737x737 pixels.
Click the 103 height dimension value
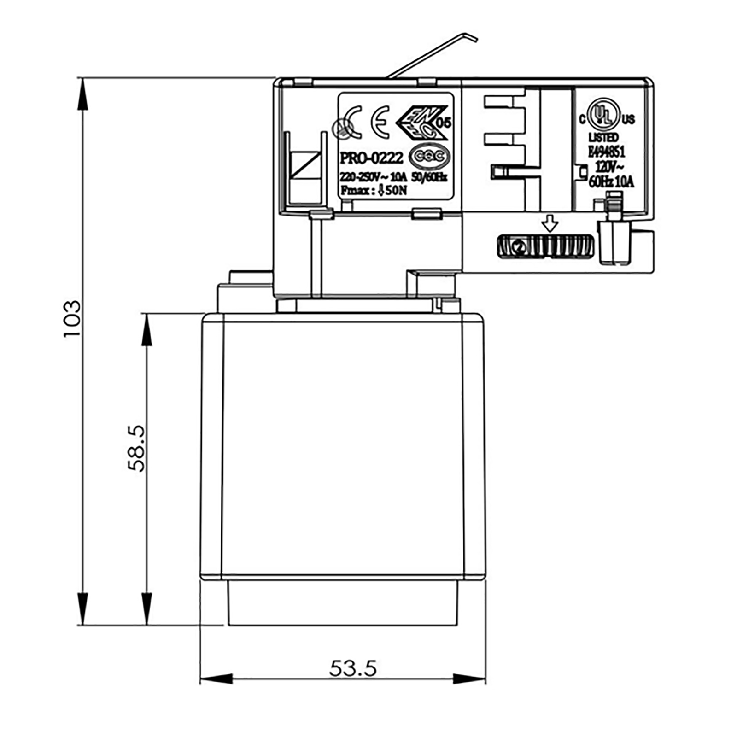[72, 319]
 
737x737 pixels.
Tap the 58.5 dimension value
[136, 448]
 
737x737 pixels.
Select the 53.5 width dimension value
[353, 668]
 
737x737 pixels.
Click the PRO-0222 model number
[371, 158]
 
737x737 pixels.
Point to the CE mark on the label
[380, 122]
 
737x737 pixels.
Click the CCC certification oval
[429, 157]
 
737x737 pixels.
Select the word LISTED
[603, 138]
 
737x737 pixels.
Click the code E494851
[606, 152]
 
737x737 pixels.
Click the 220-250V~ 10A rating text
[373, 177]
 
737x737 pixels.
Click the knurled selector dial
[546, 246]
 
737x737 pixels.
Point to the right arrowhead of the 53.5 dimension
[470, 679]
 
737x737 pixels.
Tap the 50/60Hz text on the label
[429, 177]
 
